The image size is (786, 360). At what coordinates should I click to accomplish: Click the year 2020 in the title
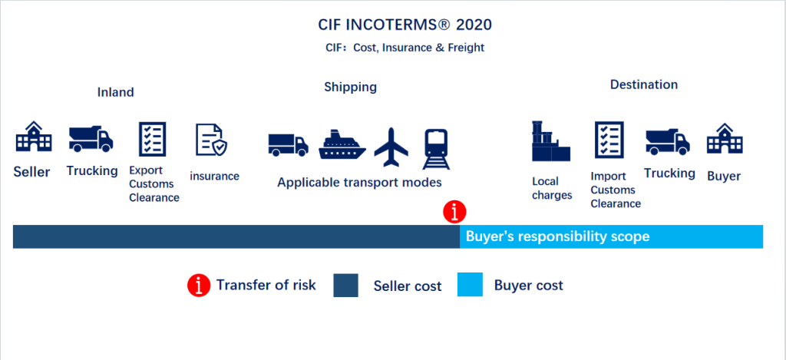point(475,25)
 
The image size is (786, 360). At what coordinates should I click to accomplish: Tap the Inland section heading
point(115,92)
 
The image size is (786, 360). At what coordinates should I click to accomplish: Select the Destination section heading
point(644,84)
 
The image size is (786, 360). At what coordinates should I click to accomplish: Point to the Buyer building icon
point(725,139)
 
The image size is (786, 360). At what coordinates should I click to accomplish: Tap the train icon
point(436,149)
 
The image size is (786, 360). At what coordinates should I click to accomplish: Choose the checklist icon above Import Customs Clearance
point(609,140)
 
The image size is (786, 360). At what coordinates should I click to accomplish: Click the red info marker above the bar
point(454,212)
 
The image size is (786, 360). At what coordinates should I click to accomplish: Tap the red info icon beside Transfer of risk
point(199,286)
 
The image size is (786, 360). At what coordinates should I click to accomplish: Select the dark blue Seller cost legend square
point(346,286)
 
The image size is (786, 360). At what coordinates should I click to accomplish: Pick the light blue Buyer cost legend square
point(470,285)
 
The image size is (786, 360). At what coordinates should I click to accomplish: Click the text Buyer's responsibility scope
point(557,236)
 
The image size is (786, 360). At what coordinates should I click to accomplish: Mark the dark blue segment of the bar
point(236,236)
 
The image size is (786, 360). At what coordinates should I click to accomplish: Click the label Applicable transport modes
point(359,183)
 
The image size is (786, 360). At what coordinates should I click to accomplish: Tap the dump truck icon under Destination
point(667,141)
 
